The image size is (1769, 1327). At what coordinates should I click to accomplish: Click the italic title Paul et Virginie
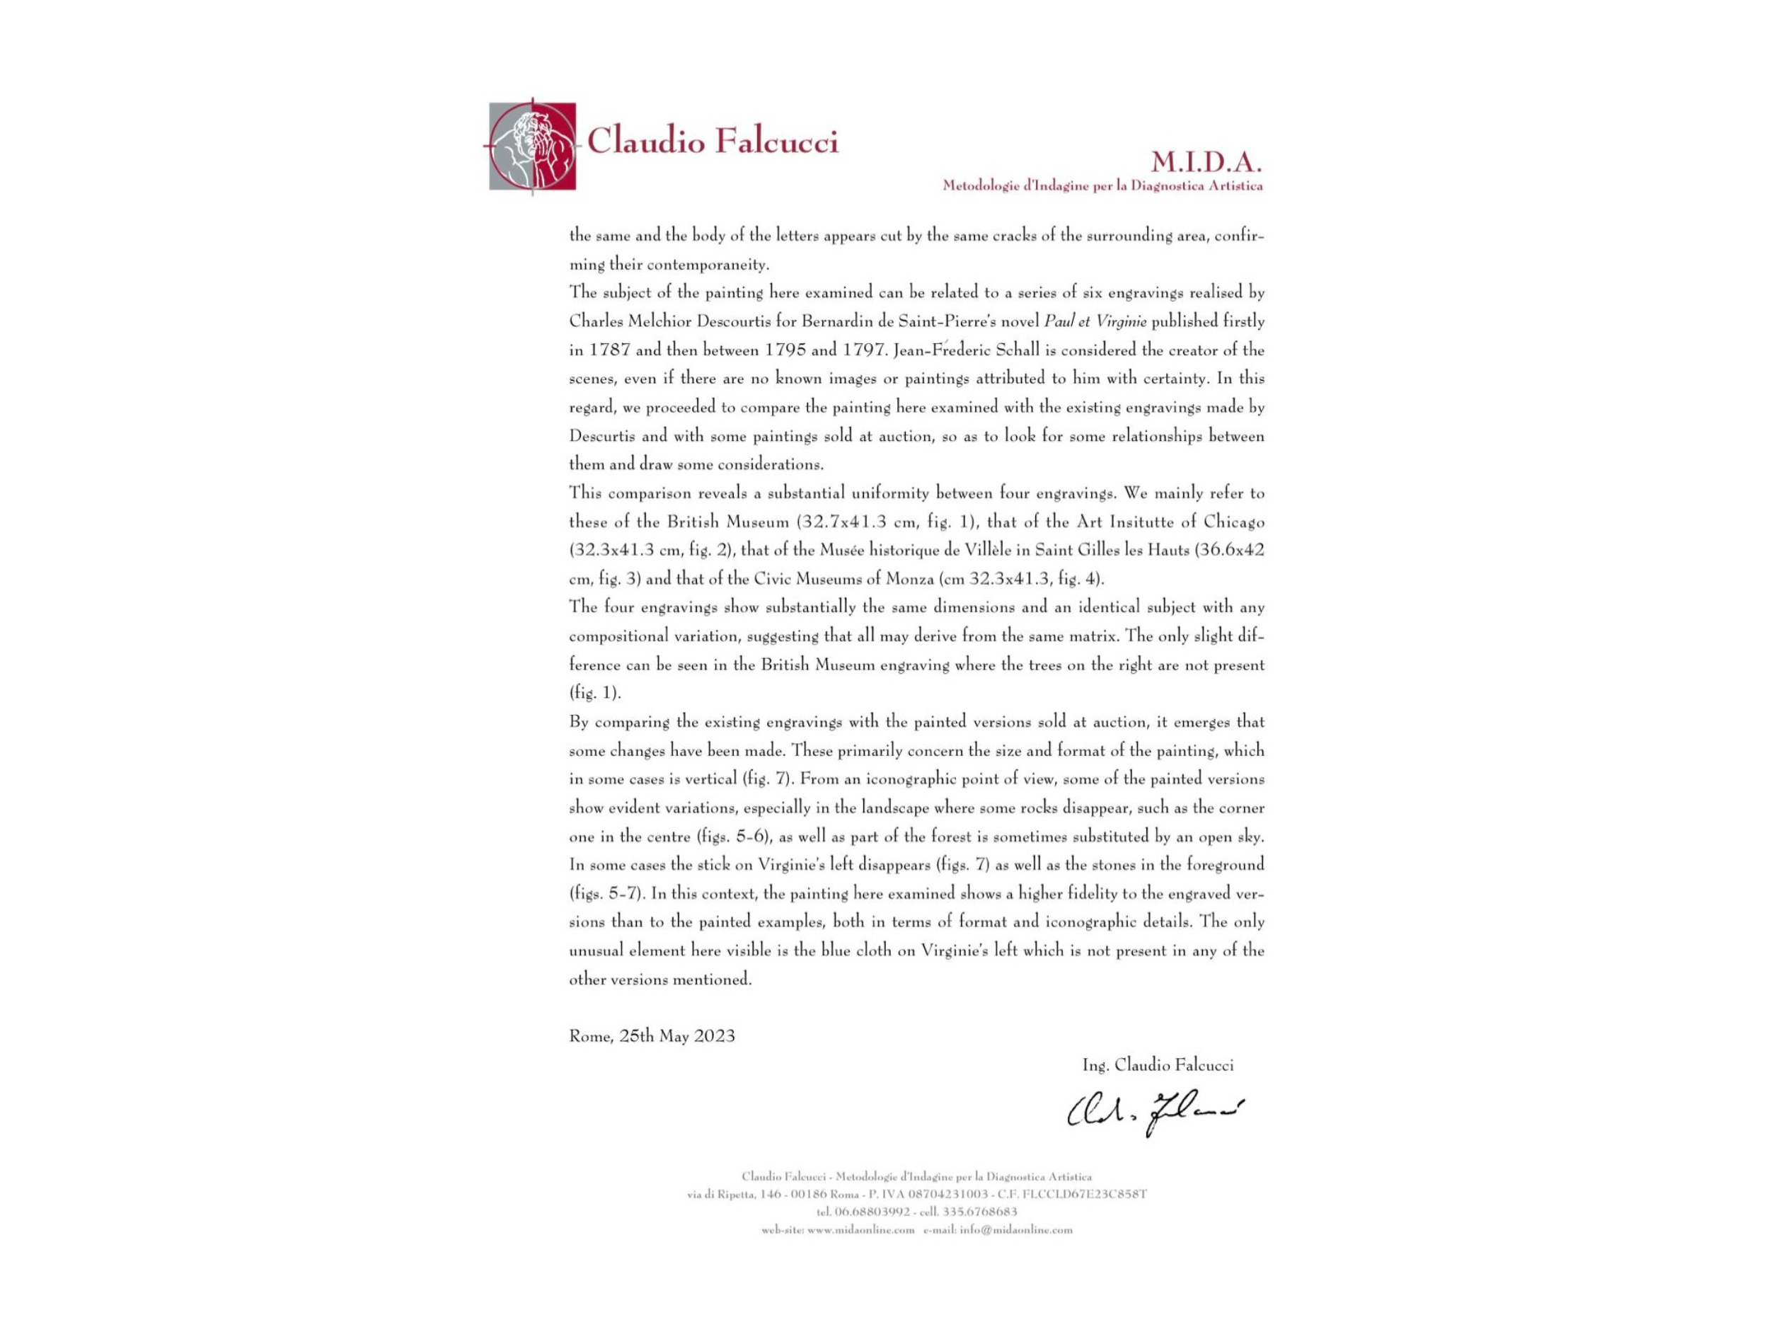point(1095,321)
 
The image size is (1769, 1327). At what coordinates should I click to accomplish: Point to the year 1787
point(609,350)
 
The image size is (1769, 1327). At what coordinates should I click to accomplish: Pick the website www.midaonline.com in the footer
point(860,1230)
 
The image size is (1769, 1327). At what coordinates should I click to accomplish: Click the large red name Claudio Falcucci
point(713,142)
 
